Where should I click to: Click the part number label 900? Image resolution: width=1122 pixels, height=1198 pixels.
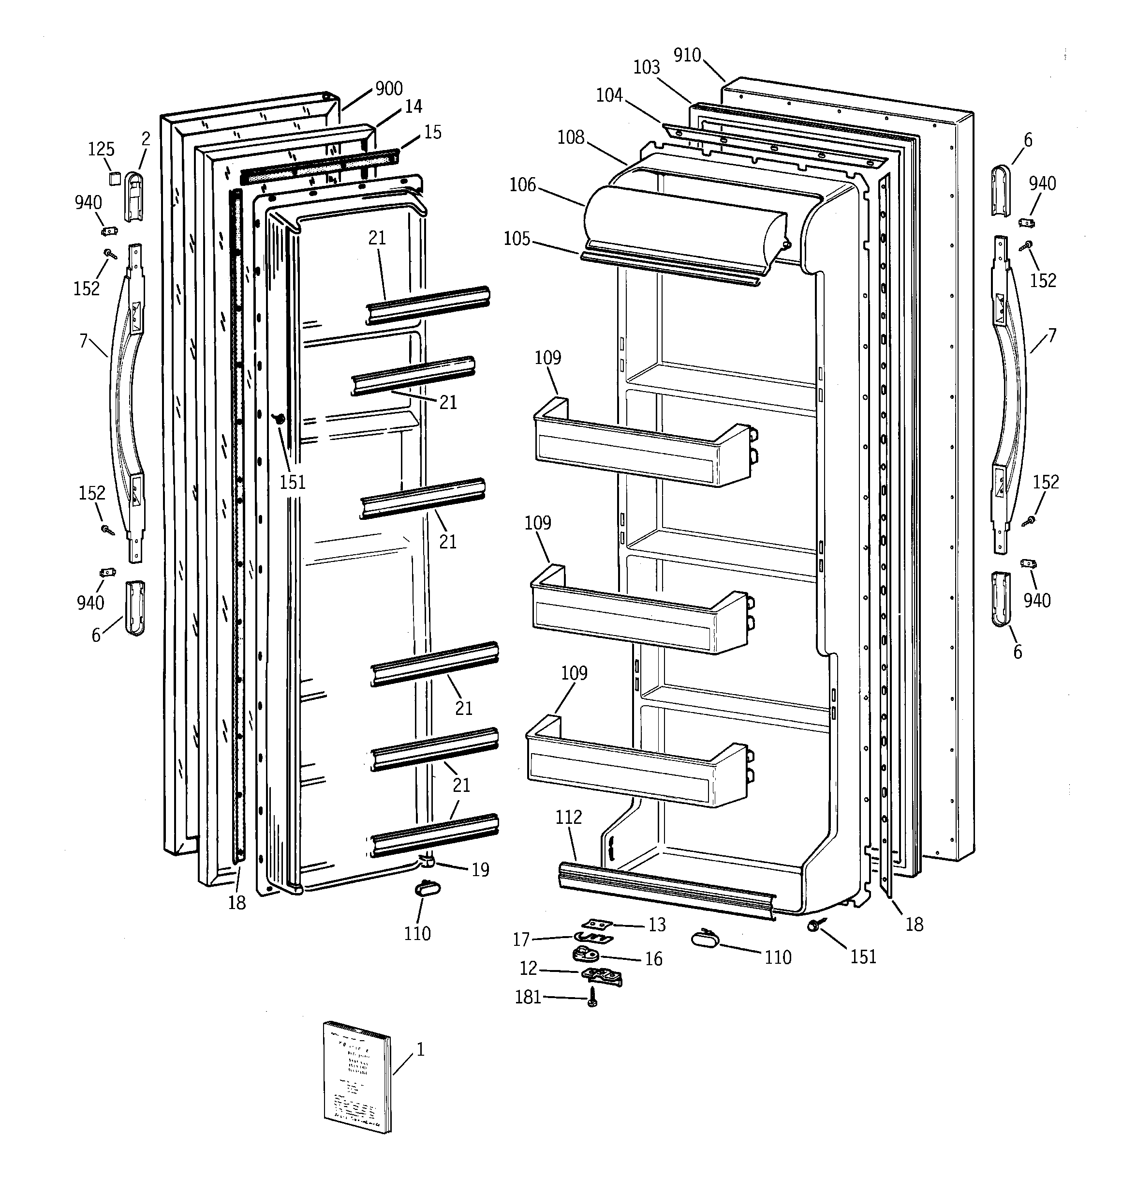pos(388,89)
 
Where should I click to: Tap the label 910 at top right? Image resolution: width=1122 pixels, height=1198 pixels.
pos(687,56)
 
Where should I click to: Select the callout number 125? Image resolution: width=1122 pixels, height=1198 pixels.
pos(101,149)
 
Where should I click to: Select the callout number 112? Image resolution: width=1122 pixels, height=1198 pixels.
pos(569,818)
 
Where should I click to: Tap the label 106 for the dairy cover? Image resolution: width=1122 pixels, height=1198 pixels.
pos(522,185)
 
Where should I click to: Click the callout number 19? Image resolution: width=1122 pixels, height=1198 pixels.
pos(480,869)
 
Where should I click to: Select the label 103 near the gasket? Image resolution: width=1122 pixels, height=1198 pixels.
pos(646,67)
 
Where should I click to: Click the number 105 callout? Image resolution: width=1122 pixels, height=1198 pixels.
pos(517,239)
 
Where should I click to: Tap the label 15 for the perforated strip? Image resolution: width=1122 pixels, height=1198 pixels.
pos(432,132)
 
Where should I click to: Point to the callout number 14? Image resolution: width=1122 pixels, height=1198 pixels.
pos(413,106)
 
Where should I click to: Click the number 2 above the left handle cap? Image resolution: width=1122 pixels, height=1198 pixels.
pos(146,139)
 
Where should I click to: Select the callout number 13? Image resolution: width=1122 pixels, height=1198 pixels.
pos(656,925)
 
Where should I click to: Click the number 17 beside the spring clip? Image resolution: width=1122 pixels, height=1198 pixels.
pos(521,940)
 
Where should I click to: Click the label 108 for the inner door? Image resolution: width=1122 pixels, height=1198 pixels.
pos(570,137)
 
